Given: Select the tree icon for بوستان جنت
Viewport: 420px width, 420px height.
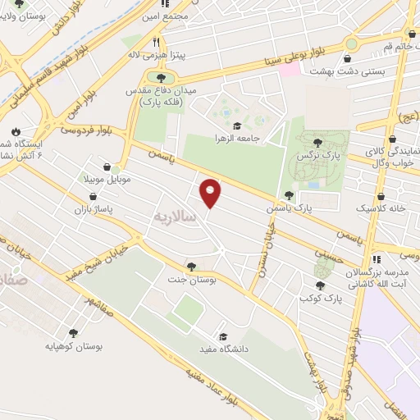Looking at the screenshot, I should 191,266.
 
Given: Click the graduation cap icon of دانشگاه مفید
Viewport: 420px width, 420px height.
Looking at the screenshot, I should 221,336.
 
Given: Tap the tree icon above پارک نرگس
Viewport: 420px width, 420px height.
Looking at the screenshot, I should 317,144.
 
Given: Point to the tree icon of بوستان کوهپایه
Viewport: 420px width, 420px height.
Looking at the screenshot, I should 74,333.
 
